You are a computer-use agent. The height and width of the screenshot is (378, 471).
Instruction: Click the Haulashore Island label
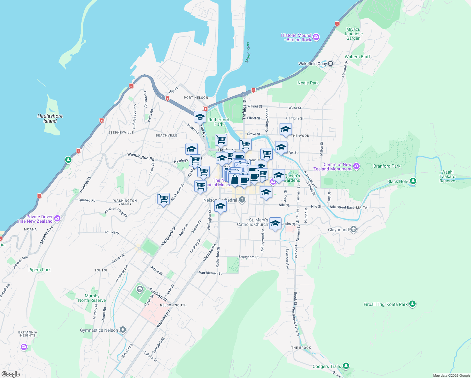[x=50, y=118]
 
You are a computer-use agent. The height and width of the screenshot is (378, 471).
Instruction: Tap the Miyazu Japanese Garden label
[x=353, y=34]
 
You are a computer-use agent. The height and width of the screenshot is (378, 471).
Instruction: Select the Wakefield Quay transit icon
[x=330, y=64]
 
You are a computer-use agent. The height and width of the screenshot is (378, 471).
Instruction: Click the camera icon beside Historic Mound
[x=316, y=37]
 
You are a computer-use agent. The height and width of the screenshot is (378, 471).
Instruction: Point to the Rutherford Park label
[x=218, y=122]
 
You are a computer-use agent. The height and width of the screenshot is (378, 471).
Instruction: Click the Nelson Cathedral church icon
[x=242, y=200]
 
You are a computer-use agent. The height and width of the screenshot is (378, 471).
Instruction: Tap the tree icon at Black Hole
[x=413, y=181]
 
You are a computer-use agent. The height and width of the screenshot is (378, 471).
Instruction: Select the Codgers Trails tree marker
[x=346, y=366]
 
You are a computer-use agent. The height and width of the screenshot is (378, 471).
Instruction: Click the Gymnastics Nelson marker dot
[x=123, y=330]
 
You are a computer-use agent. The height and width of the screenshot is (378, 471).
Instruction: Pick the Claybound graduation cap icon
[x=354, y=229]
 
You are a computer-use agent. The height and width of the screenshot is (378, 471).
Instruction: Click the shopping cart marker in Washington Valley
[x=163, y=199]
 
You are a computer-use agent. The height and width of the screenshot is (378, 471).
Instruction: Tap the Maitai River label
[x=248, y=52]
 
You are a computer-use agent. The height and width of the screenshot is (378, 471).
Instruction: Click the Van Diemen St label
[x=210, y=273]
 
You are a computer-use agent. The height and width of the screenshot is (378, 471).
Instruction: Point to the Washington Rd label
[x=141, y=156]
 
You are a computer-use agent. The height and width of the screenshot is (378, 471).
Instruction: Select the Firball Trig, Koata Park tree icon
[x=412, y=304]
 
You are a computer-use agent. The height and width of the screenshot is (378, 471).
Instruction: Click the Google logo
[x=10, y=374]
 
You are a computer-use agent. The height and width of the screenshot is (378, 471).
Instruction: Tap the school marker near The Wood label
[x=285, y=129]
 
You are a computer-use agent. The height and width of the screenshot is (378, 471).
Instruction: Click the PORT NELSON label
[x=196, y=98]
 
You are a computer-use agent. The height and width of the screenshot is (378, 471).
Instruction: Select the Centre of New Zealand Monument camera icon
[x=356, y=166]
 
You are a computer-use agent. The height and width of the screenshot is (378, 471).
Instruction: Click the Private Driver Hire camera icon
[x=57, y=219]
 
